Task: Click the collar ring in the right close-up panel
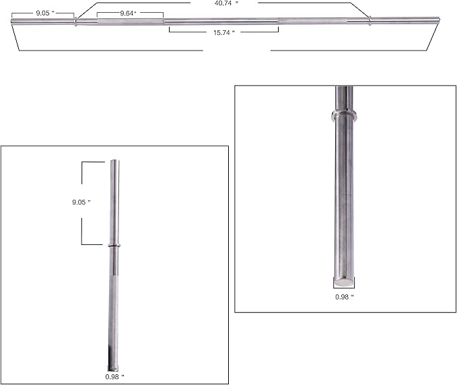pyautogui.click(x=343, y=114)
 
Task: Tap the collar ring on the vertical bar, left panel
pyautogui.click(x=113, y=246)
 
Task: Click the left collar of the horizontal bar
pyautogui.click(x=75, y=22)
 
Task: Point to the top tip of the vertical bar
pyautogui.click(x=114, y=161)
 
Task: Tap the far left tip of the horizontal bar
pyautogui.click(x=13, y=23)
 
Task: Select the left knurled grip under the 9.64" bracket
pyautogui.click(x=129, y=22)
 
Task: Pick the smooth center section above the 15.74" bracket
pyautogui.click(x=222, y=21)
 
